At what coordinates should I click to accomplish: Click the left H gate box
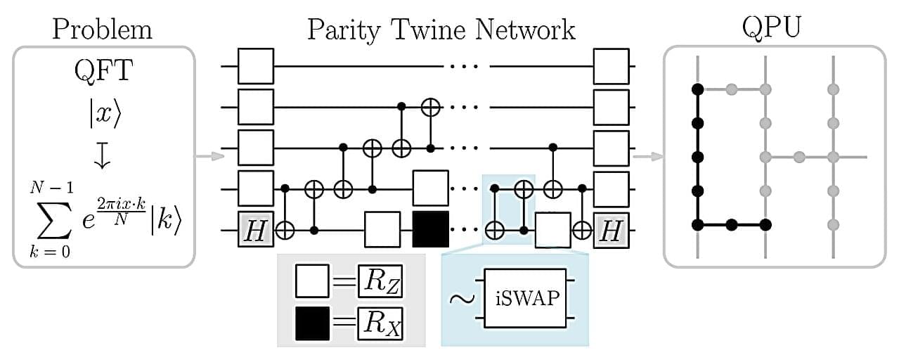(x=256, y=229)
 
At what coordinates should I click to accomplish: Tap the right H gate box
(x=611, y=229)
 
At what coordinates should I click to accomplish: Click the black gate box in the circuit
(x=430, y=229)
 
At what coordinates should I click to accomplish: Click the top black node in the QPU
(x=697, y=89)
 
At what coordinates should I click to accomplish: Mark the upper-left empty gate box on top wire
(x=256, y=66)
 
